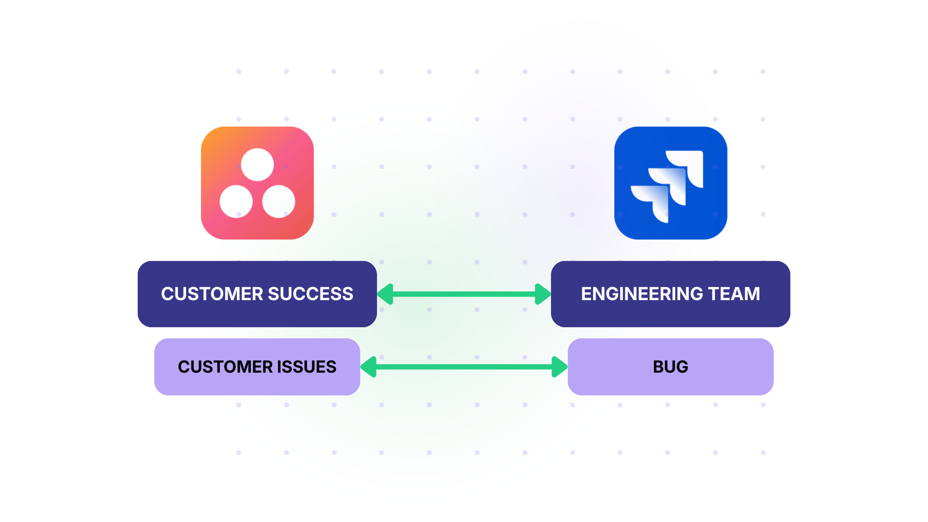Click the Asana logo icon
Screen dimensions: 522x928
point(257,183)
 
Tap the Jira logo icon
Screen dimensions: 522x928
point(670,183)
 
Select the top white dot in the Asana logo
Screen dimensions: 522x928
point(257,164)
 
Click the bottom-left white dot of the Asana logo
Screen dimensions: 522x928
point(236,202)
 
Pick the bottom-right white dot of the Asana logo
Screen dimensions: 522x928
point(278,202)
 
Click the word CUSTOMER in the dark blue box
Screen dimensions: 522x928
point(212,294)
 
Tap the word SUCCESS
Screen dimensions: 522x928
point(310,294)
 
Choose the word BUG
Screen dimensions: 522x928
point(670,367)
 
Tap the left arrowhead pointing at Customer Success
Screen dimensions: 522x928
point(385,294)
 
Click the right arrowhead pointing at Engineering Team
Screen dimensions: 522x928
point(543,294)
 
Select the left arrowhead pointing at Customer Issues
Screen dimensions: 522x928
point(369,367)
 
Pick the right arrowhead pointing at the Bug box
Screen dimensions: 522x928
point(559,367)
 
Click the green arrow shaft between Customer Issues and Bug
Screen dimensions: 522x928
point(464,367)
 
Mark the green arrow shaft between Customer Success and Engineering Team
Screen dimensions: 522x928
point(464,294)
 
